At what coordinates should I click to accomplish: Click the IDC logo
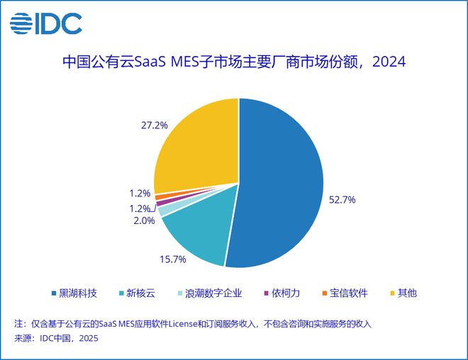click(x=45, y=23)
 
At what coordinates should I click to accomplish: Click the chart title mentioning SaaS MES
click(x=233, y=62)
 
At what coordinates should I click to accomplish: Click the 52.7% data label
click(x=341, y=200)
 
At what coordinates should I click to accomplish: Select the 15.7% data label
click(x=172, y=259)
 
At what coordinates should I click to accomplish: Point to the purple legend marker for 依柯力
click(x=265, y=293)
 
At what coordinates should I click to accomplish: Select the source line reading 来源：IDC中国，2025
click(x=56, y=339)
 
